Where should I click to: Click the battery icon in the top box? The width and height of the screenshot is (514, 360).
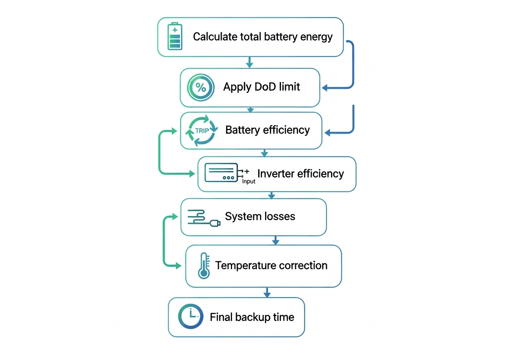pos(175,37)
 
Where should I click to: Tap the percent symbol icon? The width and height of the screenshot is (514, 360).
pos(201,88)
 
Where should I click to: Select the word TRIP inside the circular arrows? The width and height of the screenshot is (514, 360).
pos(202,131)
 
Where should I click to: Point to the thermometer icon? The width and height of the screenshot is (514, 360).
pos(204,266)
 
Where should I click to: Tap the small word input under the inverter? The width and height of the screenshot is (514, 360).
pos(249,181)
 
